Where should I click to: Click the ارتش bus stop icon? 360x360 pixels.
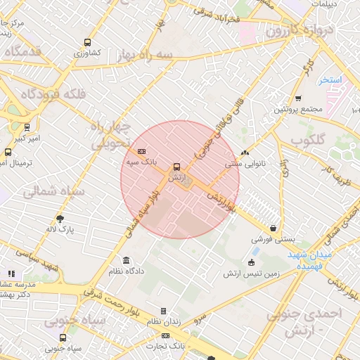point(176,167)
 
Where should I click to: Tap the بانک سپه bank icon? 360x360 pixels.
point(141,151)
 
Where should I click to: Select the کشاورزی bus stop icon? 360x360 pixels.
point(86,42)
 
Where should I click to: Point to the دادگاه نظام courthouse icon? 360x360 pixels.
point(126,260)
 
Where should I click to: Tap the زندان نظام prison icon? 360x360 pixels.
point(163,311)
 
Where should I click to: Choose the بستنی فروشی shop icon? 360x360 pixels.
point(272,229)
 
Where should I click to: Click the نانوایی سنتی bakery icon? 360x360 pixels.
point(245,153)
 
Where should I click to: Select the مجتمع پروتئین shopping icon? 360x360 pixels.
point(298,98)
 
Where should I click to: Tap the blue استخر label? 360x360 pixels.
point(329,80)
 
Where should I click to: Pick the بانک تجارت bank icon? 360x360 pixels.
point(165,336)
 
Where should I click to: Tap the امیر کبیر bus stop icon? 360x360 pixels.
point(27,127)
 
